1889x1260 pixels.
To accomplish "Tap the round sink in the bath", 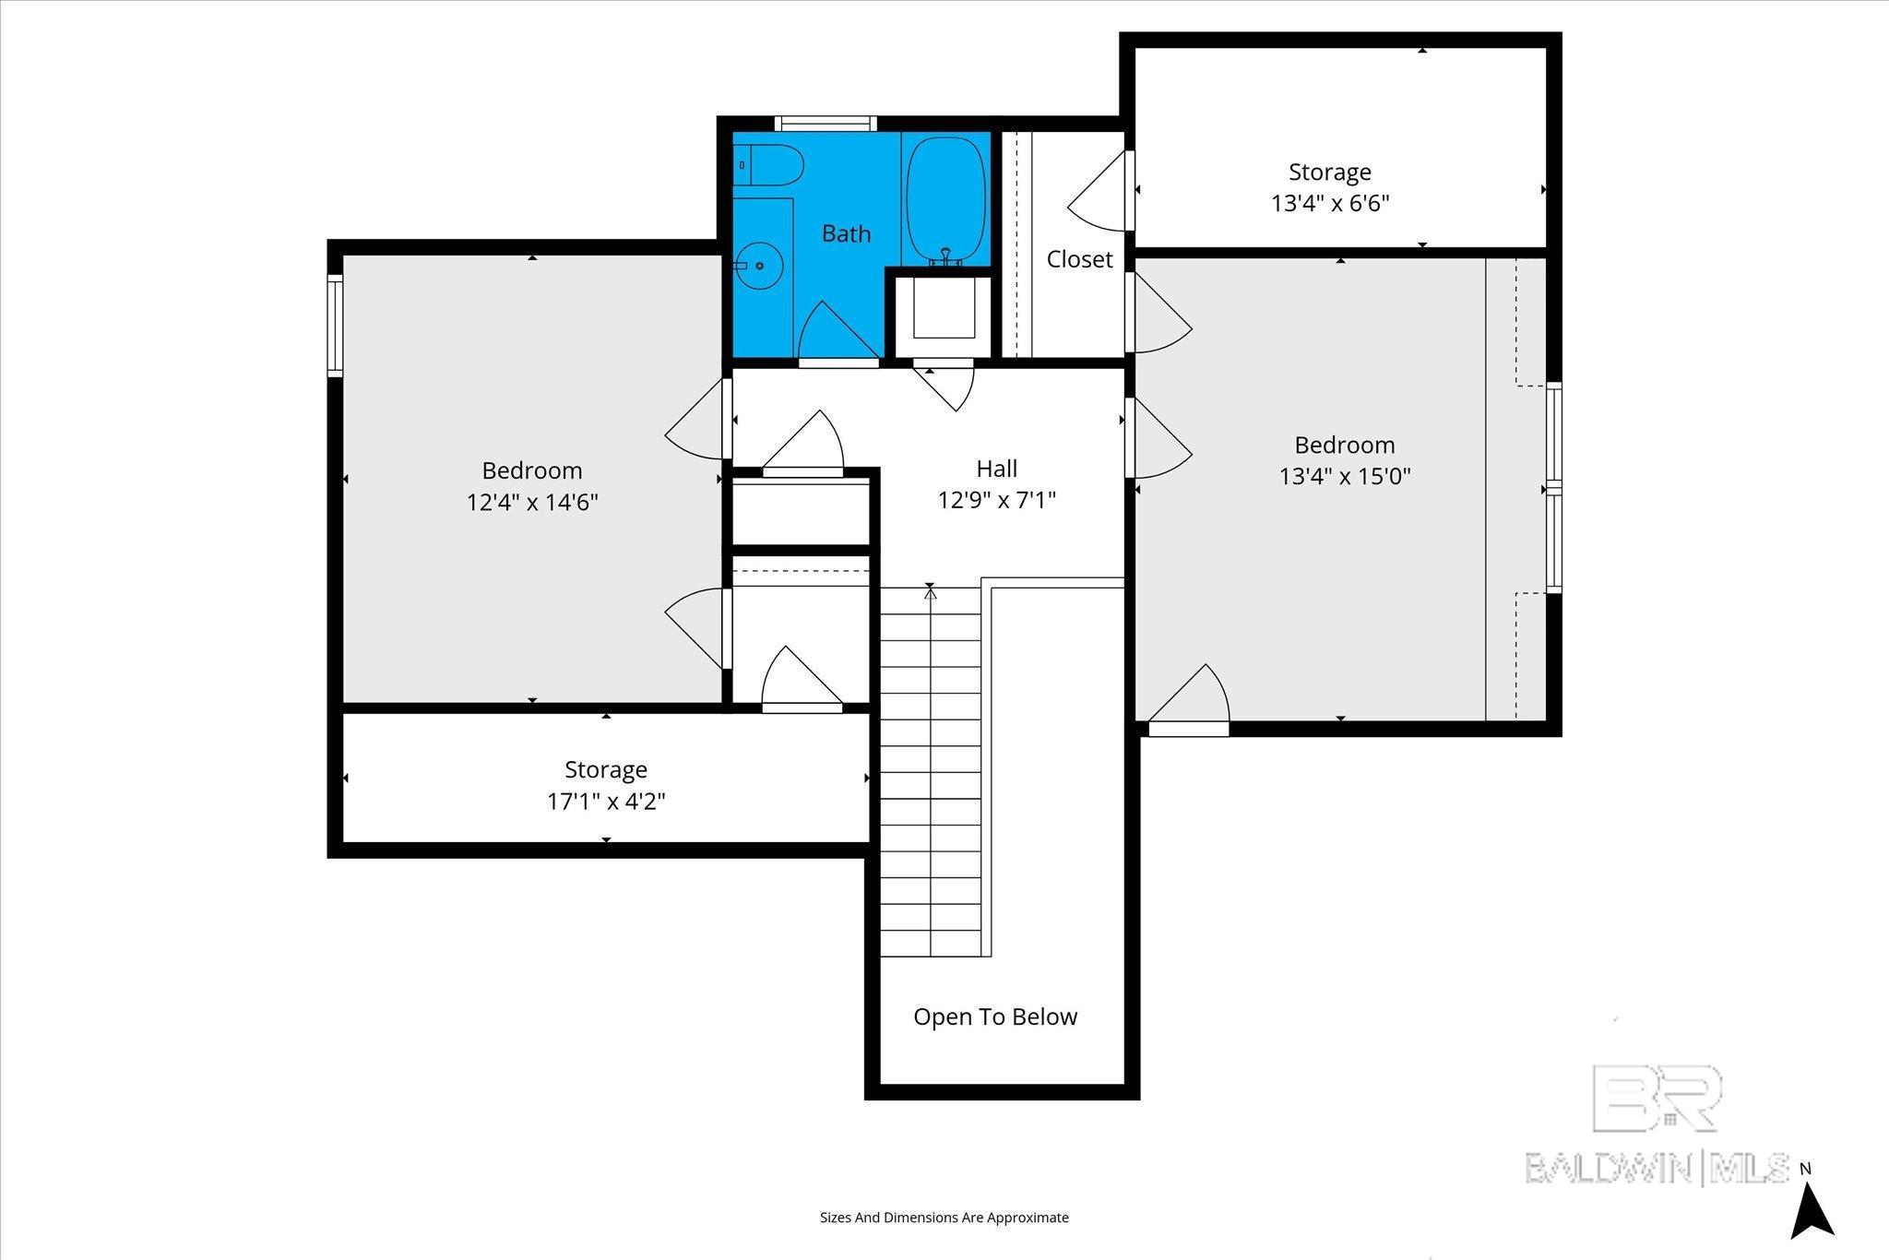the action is click(x=760, y=266).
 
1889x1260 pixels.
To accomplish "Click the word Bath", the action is click(x=846, y=233).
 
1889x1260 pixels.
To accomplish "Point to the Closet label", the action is click(x=1079, y=259).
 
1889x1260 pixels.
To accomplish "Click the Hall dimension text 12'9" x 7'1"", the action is click(x=996, y=500).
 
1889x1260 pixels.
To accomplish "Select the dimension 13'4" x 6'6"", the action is click(x=1330, y=203).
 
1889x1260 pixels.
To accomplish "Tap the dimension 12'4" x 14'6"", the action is click(x=532, y=503).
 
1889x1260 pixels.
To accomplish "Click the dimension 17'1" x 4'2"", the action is click(x=606, y=801).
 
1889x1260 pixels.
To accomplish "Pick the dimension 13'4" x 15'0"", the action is click(x=1345, y=476).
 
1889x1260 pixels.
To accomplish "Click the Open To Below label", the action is click(x=995, y=1016).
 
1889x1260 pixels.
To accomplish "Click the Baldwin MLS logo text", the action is click(x=1657, y=1167).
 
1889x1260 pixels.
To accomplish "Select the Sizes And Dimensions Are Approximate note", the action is click(x=944, y=1218).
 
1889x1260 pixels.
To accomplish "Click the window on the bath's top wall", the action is click(x=825, y=124).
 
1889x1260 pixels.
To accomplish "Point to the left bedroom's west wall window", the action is click(x=336, y=326).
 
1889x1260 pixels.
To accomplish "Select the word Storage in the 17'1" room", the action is click(x=606, y=769).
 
